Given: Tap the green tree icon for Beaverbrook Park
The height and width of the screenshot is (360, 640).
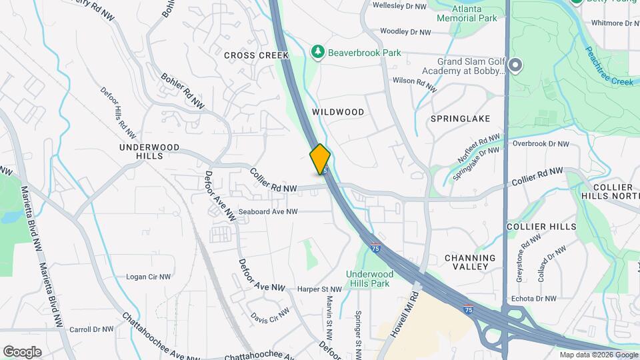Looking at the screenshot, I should point(318,51).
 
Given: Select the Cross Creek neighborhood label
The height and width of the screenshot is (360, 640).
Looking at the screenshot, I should point(256,55).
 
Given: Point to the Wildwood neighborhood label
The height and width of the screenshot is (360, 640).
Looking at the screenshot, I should point(337,112).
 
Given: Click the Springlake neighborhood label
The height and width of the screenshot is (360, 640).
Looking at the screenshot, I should point(460,119).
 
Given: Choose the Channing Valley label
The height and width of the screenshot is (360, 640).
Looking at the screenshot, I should point(470,262).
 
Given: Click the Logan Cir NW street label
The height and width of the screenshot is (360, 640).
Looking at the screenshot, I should point(149,277).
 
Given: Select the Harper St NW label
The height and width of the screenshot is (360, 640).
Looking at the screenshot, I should point(319,289).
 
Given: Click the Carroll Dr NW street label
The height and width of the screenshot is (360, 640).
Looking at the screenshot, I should point(93,329).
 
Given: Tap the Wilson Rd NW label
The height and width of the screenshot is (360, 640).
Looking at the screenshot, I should point(415,83).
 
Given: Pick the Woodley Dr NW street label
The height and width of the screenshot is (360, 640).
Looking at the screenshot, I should point(407,31).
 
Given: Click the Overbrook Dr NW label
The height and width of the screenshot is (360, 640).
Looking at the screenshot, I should point(541,143).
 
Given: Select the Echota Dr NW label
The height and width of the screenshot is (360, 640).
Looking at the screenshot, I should point(533,299).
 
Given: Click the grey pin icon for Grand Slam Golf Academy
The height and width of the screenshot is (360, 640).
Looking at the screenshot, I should point(515,65).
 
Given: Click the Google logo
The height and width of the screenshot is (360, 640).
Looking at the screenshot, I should point(22,351).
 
